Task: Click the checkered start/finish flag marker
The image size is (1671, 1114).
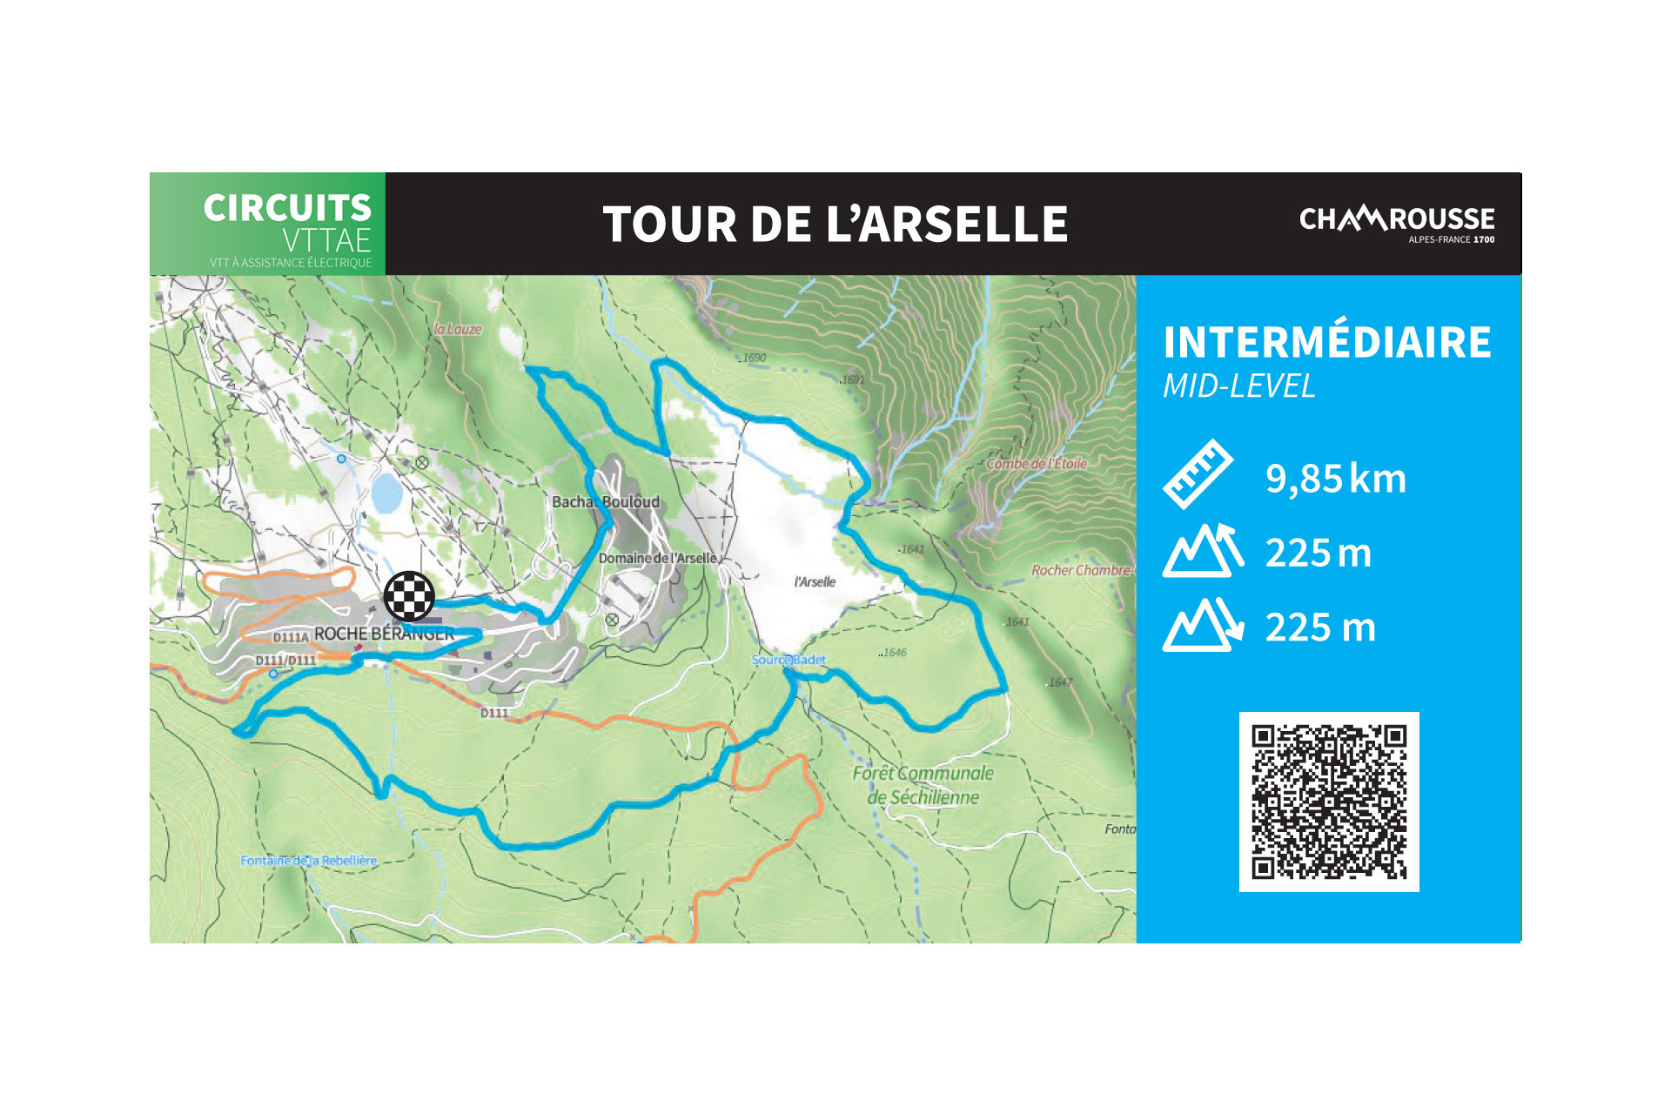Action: [x=409, y=596]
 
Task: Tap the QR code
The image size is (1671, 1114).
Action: [x=1328, y=802]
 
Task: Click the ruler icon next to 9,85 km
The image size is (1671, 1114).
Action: [x=1198, y=474]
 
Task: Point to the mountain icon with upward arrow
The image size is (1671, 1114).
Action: [x=1203, y=551]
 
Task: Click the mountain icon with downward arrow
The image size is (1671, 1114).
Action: [x=1203, y=625]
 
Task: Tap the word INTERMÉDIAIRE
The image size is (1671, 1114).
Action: [x=1327, y=342]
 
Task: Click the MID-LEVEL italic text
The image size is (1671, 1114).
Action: [x=1238, y=386]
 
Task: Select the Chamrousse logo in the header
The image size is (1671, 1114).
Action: [x=1396, y=223]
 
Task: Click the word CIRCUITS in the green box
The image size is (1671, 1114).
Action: [x=287, y=209]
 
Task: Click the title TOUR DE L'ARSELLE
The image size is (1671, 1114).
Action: [x=835, y=225]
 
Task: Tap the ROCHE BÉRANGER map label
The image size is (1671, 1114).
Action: [x=384, y=634]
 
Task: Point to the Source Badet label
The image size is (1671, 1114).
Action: [x=788, y=660]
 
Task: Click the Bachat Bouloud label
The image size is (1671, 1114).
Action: [x=606, y=502]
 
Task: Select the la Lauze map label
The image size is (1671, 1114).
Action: [x=458, y=329]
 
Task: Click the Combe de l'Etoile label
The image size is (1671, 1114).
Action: [x=1036, y=464]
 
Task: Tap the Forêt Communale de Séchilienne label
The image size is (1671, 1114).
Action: [x=923, y=785]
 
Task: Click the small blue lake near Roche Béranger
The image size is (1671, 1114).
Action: [x=386, y=493]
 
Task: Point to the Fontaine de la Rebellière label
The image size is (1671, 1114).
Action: [x=308, y=861]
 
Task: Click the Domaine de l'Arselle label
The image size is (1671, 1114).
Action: [x=657, y=558]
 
